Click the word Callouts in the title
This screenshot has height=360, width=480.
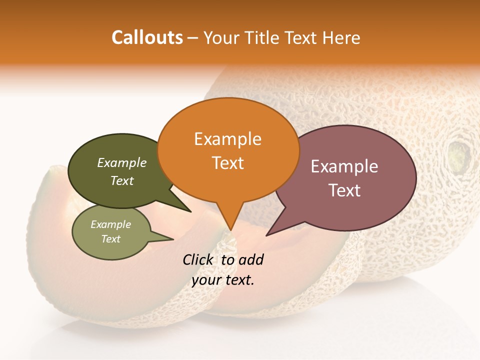[147, 37]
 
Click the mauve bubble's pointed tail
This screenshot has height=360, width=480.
[272, 230]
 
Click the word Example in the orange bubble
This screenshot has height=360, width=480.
[227, 139]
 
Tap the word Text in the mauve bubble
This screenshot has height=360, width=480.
[345, 190]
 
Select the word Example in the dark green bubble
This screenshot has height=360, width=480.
[122, 163]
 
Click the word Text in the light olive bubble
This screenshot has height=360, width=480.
[111, 239]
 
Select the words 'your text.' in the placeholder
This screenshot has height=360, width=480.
[223, 280]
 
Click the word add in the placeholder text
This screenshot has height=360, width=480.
[251, 260]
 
